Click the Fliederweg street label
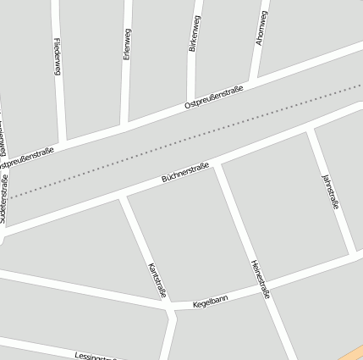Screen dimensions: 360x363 (58, 58)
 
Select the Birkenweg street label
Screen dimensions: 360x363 (194, 34)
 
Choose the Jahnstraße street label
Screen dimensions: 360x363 (331, 191)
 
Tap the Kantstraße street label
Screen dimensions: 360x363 (156, 280)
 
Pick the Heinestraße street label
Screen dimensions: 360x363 (260, 279)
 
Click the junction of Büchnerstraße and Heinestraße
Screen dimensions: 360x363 (217, 165)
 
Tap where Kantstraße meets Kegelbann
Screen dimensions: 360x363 (170, 307)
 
